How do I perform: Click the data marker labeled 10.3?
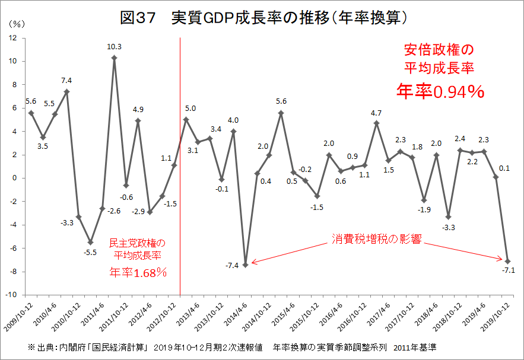115,58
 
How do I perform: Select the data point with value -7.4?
245,265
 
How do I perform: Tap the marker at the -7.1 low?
508,261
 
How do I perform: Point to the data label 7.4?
66,81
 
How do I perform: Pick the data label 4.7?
376,112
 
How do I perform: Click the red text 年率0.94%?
439,91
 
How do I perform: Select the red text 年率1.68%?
137,272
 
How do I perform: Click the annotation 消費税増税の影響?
376,240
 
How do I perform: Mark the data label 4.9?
138,110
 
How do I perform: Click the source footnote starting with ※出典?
232,347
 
